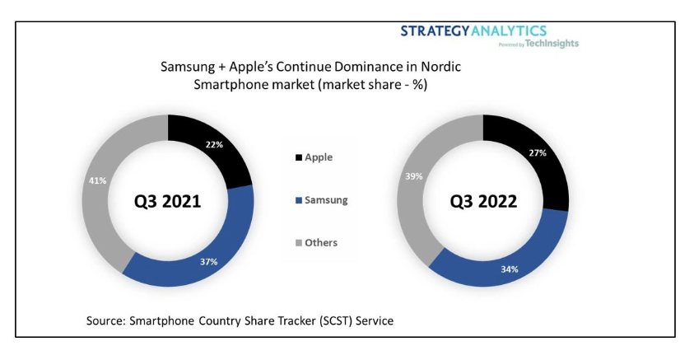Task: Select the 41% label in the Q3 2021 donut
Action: pyautogui.click(x=98, y=180)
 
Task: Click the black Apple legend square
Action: pyautogui.click(x=298, y=157)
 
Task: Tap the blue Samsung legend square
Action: pyautogui.click(x=298, y=200)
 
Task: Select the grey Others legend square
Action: pyautogui.click(x=298, y=243)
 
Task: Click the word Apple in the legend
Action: pyautogui.click(x=319, y=157)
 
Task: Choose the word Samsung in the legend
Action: pyautogui.click(x=327, y=200)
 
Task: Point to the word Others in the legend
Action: pyautogui.click(x=321, y=243)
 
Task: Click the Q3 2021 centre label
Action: pyautogui.click(x=169, y=201)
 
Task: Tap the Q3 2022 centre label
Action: pyautogui.click(x=484, y=201)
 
